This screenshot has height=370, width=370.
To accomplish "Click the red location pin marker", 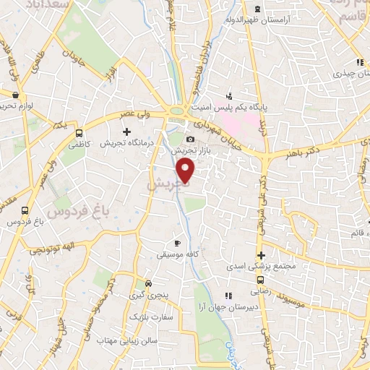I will (186, 171).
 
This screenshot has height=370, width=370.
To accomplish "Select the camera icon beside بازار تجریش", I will (190, 139).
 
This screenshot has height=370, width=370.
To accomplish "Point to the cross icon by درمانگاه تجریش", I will (128, 132).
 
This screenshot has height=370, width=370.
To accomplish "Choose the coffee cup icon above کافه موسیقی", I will (178, 243).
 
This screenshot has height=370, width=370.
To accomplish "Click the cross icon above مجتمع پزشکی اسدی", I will (261, 254).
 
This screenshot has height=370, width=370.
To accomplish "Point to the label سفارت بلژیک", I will (148, 317).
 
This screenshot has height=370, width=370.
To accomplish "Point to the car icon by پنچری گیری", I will (149, 283).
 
